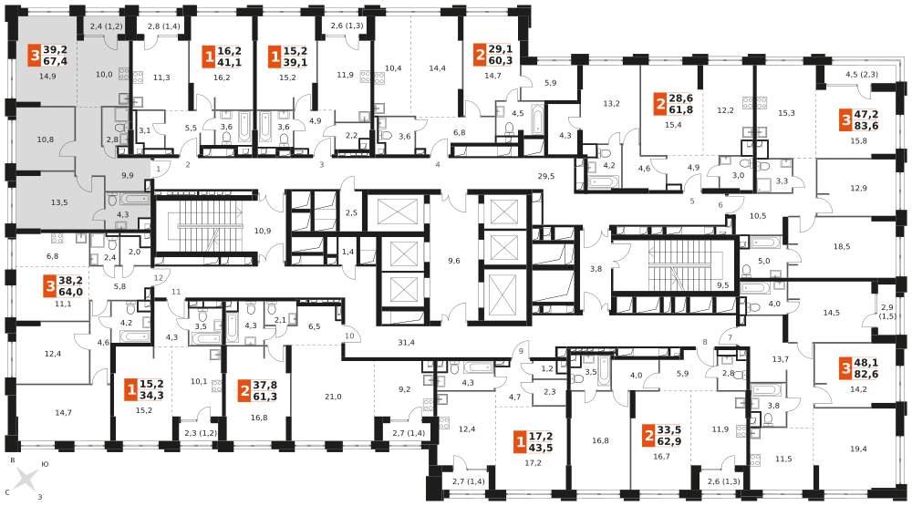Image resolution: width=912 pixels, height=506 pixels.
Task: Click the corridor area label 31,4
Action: click(x=406, y=343)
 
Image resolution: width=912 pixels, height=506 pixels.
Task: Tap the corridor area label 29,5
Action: click(x=545, y=176)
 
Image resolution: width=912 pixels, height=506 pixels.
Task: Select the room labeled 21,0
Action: click(x=333, y=397)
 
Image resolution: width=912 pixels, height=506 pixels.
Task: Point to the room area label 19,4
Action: click(x=858, y=432)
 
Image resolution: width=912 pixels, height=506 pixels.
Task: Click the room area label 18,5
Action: click(x=842, y=246)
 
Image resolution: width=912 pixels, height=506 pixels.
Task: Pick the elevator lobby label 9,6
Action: click(x=453, y=261)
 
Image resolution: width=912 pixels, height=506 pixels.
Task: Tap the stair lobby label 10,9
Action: click(x=263, y=231)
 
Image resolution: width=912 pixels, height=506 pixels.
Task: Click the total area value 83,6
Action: click(x=866, y=126)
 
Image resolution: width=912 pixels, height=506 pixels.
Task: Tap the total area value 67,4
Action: click(x=56, y=61)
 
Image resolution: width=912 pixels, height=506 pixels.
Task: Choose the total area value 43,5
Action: click(x=540, y=448)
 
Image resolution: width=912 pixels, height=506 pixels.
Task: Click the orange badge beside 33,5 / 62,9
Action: click(x=649, y=436)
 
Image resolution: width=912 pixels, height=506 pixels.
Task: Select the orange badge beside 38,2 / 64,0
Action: click(x=50, y=286)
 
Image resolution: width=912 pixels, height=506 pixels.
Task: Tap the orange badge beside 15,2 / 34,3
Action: click(x=130, y=389)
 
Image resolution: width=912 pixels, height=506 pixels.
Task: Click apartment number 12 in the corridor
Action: click(x=159, y=278)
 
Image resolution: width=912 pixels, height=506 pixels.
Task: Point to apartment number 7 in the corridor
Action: click(x=730, y=337)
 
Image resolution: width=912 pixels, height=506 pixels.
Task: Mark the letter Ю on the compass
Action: click(x=45, y=465)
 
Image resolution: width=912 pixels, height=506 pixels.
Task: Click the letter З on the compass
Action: click(x=39, y=497)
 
